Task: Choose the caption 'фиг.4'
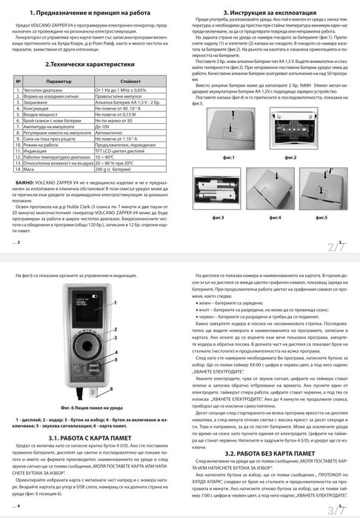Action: tap(275, 216)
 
